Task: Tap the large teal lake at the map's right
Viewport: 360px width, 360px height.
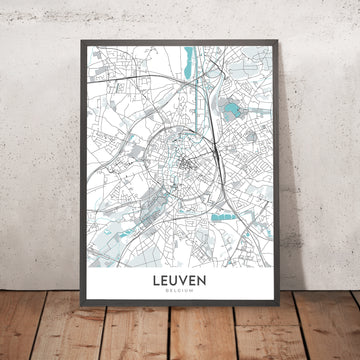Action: (233, 111)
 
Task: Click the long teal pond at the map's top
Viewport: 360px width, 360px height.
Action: (188, 62)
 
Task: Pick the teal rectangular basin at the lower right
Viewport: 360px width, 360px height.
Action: (224, 217)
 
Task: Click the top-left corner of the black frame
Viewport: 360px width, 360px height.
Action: (76, 32)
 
